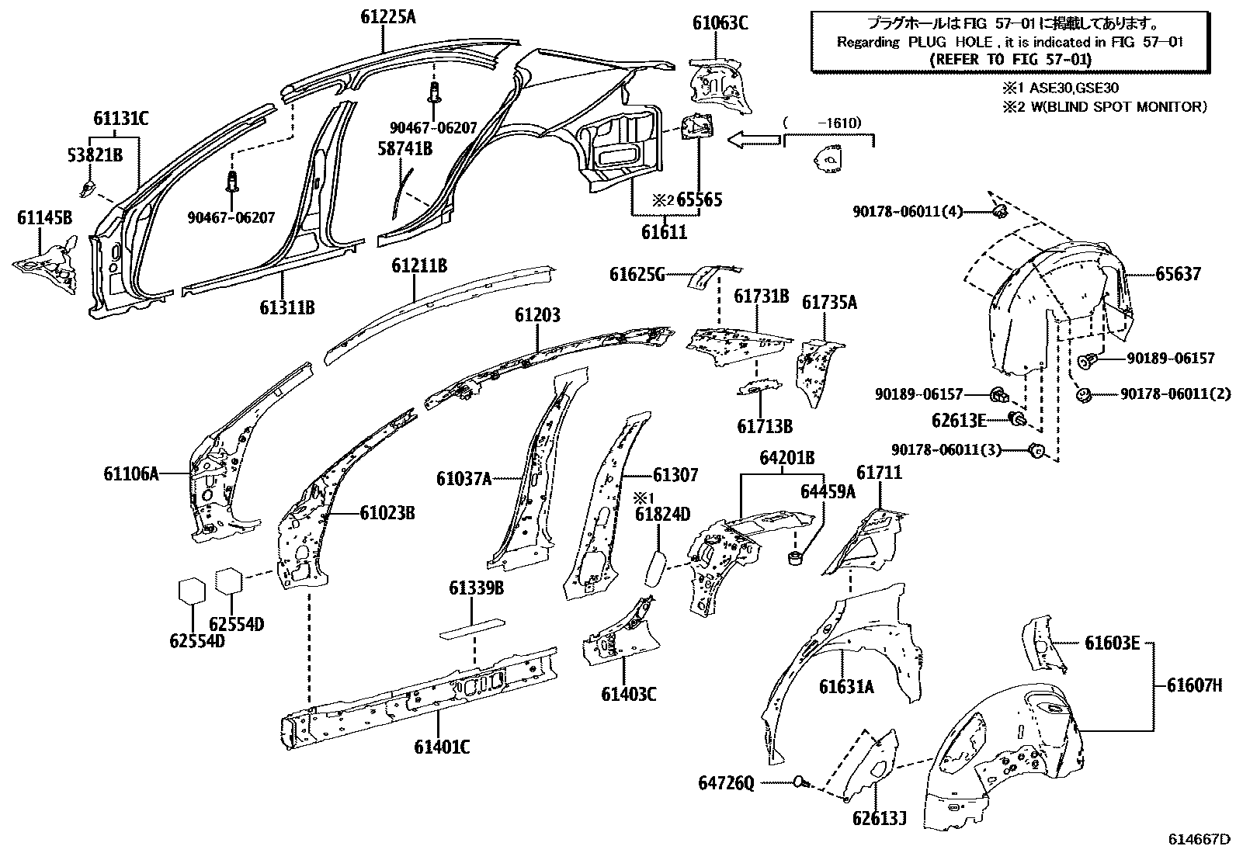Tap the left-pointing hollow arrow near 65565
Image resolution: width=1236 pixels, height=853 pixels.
click(x=753, y=139)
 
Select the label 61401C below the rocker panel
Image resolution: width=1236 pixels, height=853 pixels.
click(x=442, y=747)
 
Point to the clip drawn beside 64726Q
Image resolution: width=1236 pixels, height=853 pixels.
click(x=800, y=782)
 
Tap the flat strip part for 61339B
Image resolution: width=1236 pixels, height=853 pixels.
click(x=472, y=627)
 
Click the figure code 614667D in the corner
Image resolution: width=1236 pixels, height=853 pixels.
click(x=1200, y=839)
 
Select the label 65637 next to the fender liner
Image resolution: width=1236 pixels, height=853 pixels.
click(x=1177, y=274)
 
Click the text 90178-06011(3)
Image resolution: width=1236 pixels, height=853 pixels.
click(x=957, y=449)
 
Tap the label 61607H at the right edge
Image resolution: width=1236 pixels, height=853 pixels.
click(x=1194, y=685)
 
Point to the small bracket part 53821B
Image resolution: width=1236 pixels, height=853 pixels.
click(x=88, y=188)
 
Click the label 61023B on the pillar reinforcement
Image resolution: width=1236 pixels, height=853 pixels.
click(x=387, y=513)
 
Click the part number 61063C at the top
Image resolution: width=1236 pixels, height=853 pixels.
click(x=720, y=23)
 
